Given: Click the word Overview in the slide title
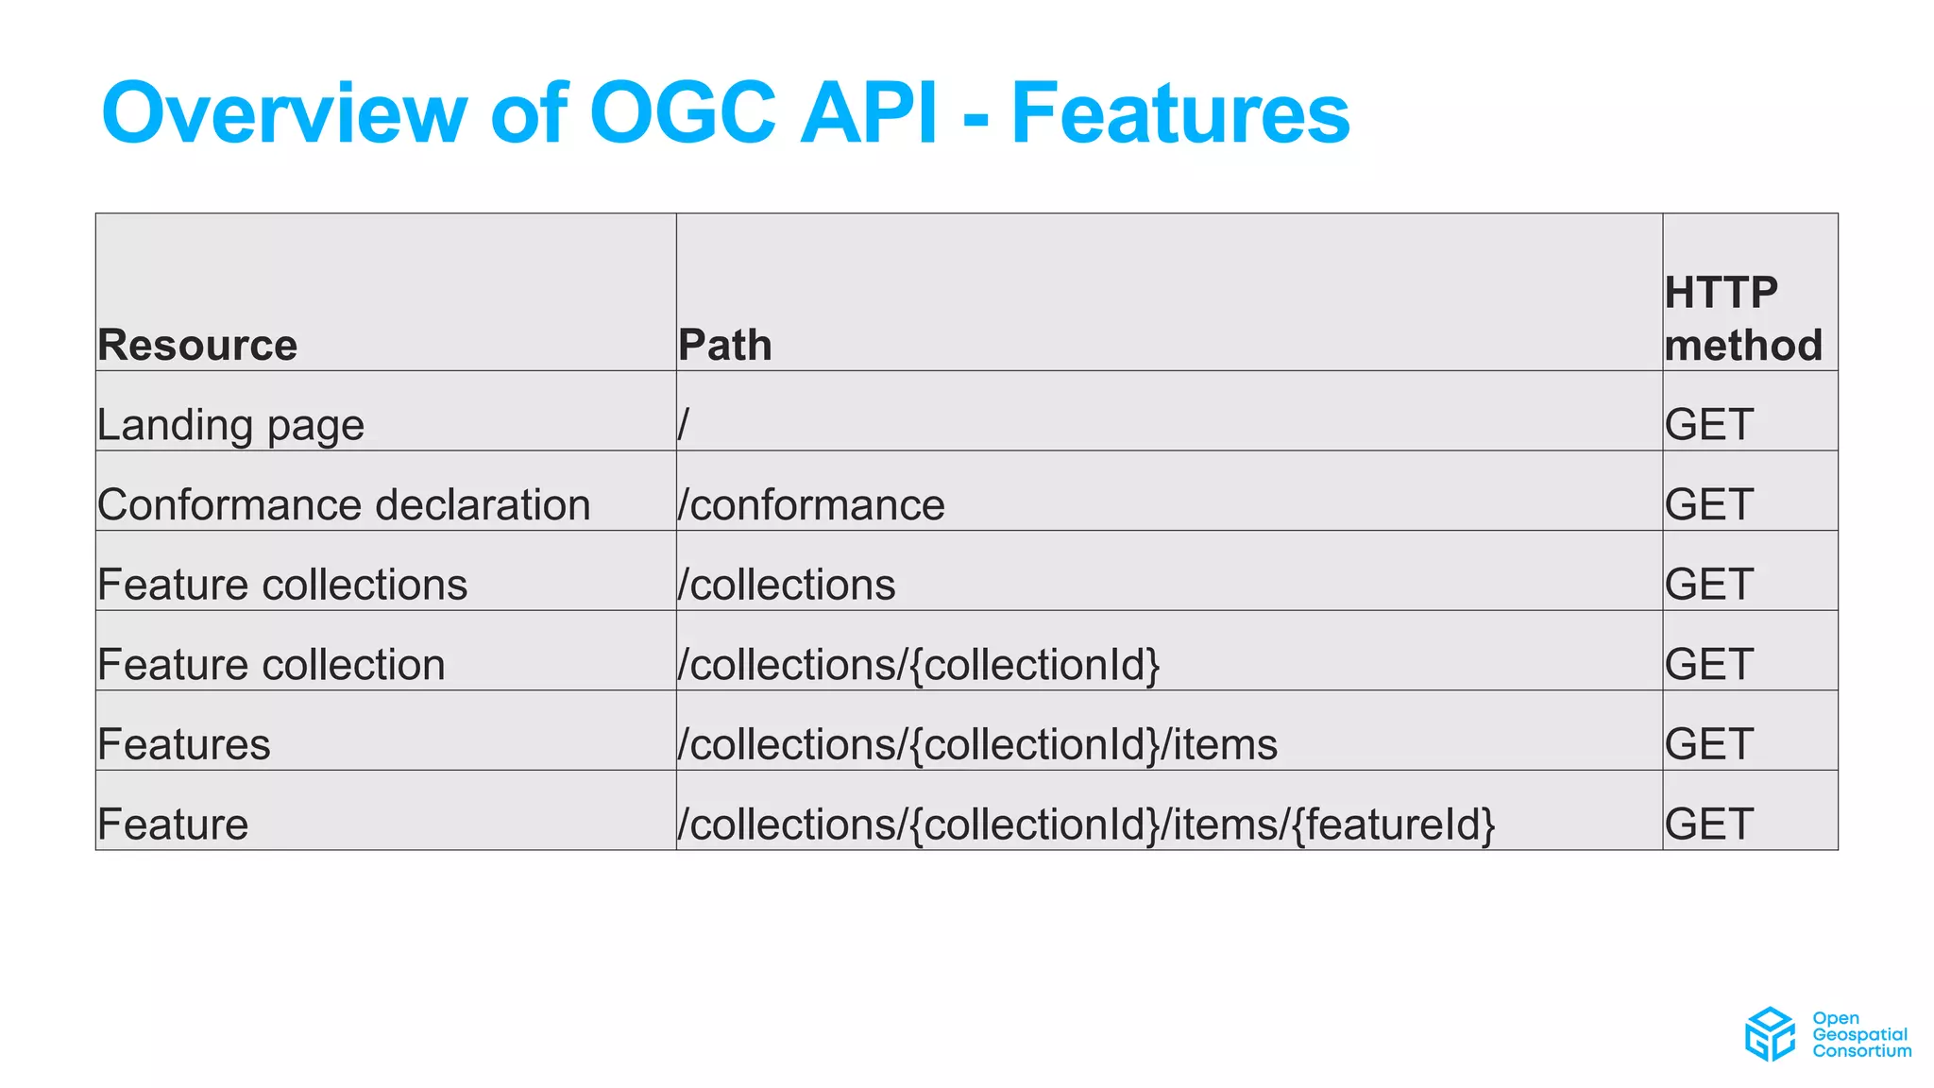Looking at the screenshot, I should (x=283, y=113).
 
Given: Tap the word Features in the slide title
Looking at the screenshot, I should (x=1180, y=113).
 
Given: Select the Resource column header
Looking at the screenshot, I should (x=197, y=345).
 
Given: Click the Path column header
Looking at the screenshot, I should (x=725, y=345).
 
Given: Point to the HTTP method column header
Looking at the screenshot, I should (x=1742, y=319).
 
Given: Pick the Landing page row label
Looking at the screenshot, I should (x=230, y=425).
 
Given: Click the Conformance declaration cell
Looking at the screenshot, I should (x=344, y=504).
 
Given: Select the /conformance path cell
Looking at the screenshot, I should (x=811, y=504).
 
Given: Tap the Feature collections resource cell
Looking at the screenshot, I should (x=282, y=585).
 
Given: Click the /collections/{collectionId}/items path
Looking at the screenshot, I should (x=977, y=744).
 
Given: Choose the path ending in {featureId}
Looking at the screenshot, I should (x=1086, y=824).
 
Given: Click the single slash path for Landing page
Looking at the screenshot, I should (x=684, y=425).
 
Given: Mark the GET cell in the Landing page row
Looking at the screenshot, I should (x=1709, y=425).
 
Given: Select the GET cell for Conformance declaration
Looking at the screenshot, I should (x=1709, y=504).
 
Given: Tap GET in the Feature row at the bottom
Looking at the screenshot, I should (x=1709, y=824).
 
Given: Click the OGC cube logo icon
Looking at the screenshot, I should (x=1770, y=1033).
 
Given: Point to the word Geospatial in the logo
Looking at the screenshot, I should (x=1859, y=1035).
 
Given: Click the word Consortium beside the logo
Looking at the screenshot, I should (x=1861, y=1051).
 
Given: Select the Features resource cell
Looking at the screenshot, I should (x=184, y=744).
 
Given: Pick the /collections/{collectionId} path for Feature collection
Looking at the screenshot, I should (x=918, y=665).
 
